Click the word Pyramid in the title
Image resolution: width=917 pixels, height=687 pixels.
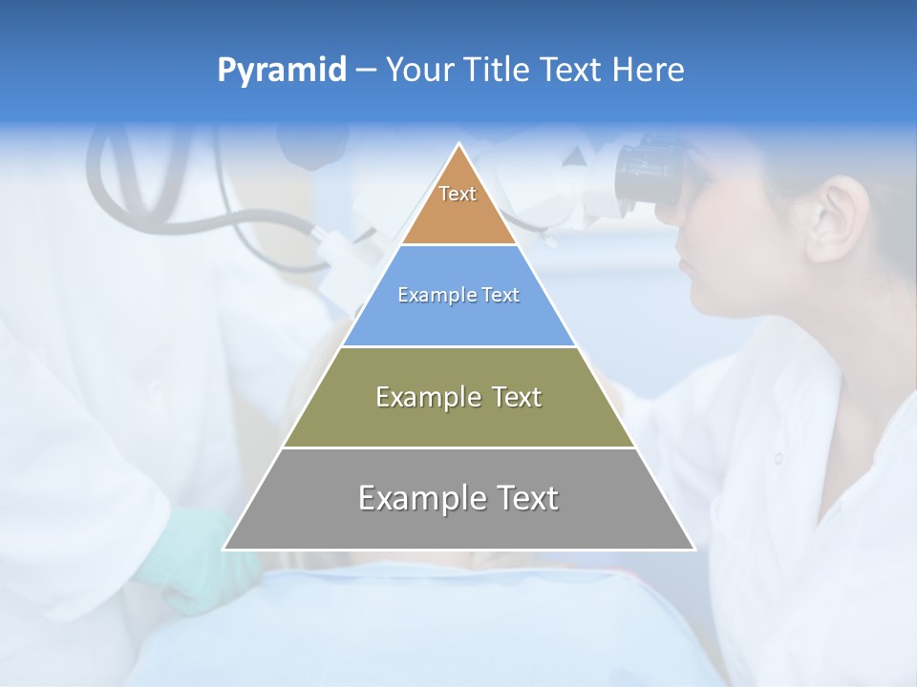[x=281, y=71]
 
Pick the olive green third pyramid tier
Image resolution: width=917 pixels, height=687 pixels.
[x=458, y=420]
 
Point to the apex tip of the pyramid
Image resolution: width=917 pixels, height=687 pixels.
[x=459, y=145]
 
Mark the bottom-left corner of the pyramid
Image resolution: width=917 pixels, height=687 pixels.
[x=225, y=549]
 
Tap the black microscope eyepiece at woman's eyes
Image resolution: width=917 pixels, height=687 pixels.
[x=650, y=172]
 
